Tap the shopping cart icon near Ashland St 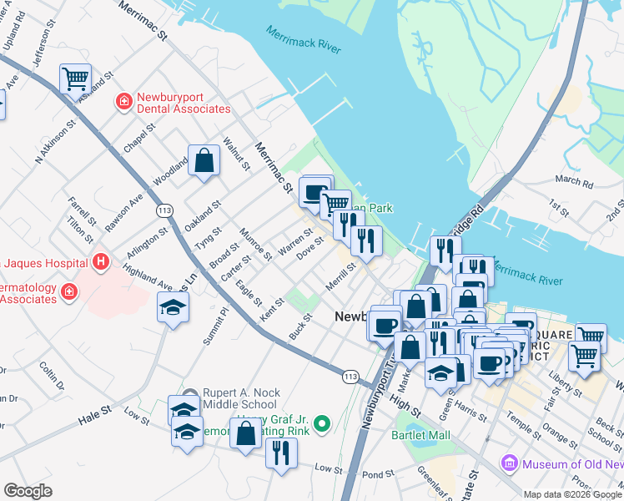point(75,78)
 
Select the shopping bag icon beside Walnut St point(204,160)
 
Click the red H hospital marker point(101,263)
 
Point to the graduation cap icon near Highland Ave point(174,308)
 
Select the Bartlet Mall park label point(421,435)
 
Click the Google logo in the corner point(28,490)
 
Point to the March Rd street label point(573,180)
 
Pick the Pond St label point(378,474)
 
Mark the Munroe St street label point(256,242)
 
